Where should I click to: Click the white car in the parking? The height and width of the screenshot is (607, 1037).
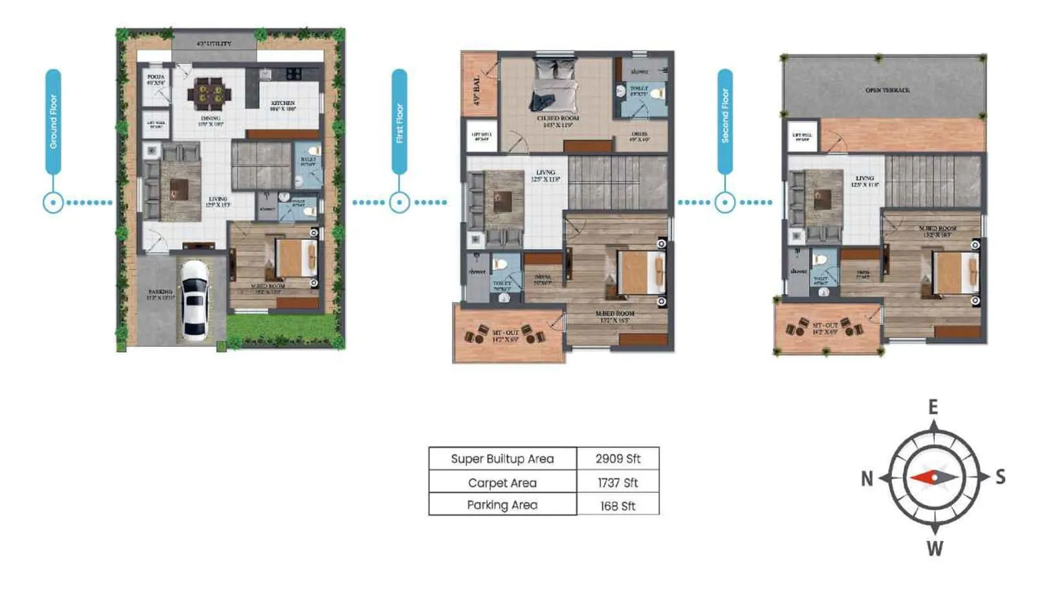pos(194,300)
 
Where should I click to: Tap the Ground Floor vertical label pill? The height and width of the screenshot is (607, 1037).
pos(53,121)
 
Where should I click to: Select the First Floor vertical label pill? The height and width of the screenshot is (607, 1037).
pos(399,121)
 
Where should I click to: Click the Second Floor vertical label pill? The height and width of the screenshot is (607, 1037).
pos(725,121)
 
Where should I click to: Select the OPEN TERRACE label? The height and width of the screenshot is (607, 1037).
pos(887,90)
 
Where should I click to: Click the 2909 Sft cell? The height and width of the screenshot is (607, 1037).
pos(618,458)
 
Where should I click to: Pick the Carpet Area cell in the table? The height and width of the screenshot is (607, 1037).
pos(502,482)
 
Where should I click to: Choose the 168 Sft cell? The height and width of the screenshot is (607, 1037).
pos(618,506)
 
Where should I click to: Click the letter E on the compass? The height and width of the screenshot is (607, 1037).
pos(933,407)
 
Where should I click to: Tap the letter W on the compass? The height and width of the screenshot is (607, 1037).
pos(934,549)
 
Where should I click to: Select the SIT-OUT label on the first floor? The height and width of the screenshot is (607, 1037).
pos(505,333)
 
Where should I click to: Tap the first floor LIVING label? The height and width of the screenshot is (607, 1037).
pos(545,173)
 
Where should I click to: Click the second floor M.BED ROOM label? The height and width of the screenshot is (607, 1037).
pos(937,229)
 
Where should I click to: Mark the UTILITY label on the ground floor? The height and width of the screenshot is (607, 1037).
pos(214,44)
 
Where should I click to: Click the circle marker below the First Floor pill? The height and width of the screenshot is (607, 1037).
pos(399,202)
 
